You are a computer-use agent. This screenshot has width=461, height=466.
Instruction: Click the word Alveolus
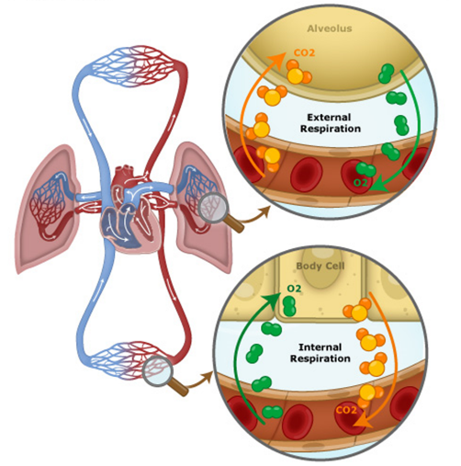point(330,28)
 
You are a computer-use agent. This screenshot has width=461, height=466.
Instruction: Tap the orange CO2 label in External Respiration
point(304,52)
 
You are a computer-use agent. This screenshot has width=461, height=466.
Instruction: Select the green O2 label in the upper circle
point(360,183)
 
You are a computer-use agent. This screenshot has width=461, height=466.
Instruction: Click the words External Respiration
point(331,123)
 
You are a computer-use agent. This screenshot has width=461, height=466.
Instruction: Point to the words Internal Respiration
point(320,353)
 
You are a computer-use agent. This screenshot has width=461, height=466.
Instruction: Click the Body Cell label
point(320,266)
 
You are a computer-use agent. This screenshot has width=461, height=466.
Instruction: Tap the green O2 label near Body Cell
point(294,289)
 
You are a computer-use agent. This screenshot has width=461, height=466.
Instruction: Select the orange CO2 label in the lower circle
point(346,410)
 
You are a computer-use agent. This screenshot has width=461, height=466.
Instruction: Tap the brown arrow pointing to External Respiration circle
point(254,215)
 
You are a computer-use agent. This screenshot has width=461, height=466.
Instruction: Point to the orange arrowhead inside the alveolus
point(277,60)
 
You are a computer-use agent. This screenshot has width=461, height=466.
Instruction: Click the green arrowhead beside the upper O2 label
point(378,185)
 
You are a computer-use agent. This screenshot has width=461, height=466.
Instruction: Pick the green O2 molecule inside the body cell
point(289,306)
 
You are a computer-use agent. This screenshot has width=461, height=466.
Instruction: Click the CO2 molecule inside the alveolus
point(297,73)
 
